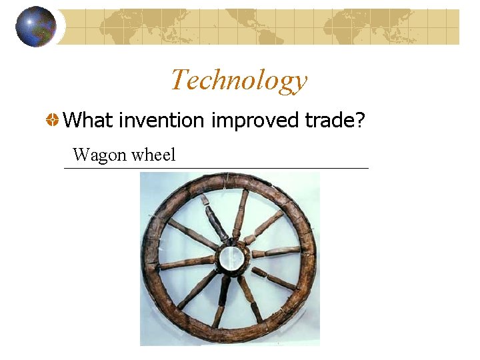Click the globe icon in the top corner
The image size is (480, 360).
point(35,27)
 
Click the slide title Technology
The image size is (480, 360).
point(239,80)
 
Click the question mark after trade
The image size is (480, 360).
point(361,121)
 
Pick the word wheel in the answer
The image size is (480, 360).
point(153,155)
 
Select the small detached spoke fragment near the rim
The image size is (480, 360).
point(205,199)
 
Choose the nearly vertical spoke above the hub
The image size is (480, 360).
point(240,212)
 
